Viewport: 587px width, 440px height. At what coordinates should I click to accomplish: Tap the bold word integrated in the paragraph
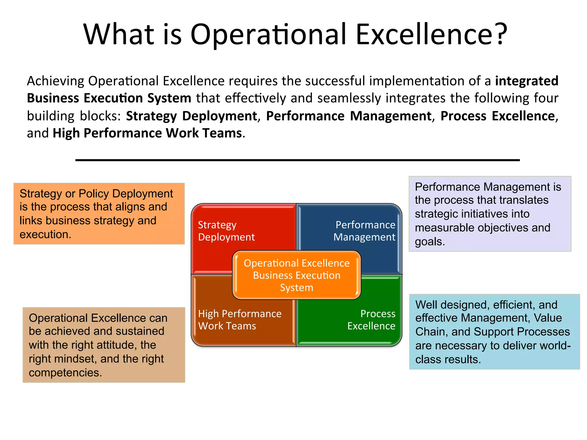[x=527, y=81]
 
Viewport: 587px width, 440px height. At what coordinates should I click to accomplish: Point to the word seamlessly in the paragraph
[x=349, y=98]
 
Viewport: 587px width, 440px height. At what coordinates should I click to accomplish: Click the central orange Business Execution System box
[x=297, y=275]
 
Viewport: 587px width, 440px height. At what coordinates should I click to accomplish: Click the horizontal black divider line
[x=298, y=160]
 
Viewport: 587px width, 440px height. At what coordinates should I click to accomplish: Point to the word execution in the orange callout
[x=45, y=235]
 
